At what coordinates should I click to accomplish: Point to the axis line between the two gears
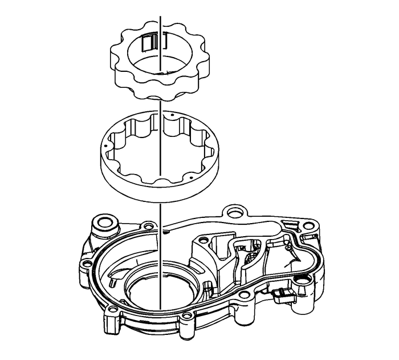click(x=161, y=100)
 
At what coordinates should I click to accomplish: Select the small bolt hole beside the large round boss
click(x=149, y=226)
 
